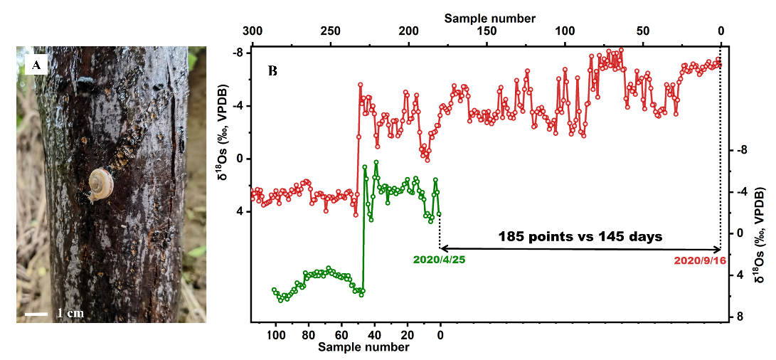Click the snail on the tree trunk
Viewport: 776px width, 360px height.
pos(99,184)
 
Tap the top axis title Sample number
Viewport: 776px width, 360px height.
pos(490,18)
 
